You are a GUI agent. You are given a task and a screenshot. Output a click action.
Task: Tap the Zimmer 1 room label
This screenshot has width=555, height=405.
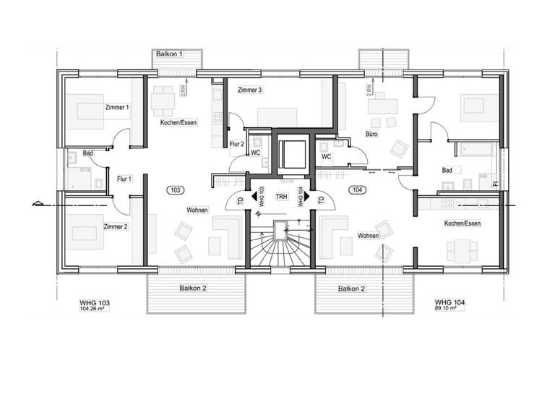(116, 108)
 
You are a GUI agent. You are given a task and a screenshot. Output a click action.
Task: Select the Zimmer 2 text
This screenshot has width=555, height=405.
(116, 226)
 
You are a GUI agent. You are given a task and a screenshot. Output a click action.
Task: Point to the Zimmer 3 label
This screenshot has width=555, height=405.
(249, 90)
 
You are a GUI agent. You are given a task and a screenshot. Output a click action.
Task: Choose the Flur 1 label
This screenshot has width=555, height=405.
(124, 178)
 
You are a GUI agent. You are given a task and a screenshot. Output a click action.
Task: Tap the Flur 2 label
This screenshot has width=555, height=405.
(237, 144)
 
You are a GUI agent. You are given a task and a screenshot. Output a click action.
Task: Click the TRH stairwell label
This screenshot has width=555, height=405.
(281, 196)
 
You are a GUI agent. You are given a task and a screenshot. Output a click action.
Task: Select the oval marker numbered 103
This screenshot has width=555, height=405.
(174, 189)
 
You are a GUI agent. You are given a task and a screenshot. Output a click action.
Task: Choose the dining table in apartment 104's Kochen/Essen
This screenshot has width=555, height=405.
(462, 250)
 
